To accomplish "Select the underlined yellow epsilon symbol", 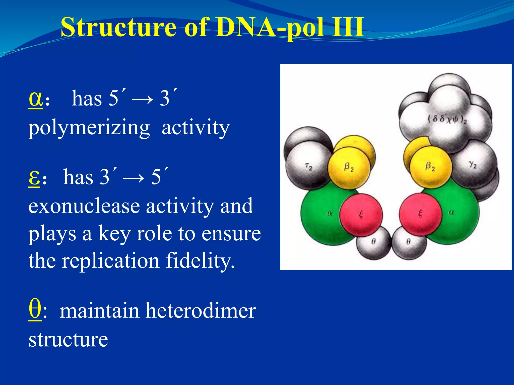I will (34, 177).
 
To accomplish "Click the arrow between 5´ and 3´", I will (142, 99).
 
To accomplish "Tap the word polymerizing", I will (89, 128).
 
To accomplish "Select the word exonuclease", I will (84, 206).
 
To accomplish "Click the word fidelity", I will (200, 261).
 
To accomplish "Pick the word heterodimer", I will (201, 311).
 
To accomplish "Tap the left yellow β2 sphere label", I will (349, 167).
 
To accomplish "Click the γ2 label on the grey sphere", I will (473, 165).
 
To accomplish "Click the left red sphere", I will (361, 215).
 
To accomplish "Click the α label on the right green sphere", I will (451, 213).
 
